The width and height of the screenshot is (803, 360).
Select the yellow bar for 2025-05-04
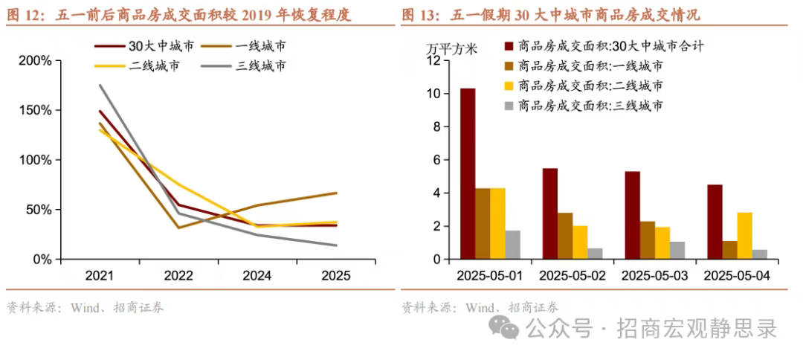(x=744, y=236)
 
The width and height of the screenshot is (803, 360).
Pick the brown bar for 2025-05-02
(x=565, y=236)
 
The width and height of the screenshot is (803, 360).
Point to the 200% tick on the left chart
(x=35, y=60)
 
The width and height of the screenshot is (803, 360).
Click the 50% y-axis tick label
(x=38, y=210)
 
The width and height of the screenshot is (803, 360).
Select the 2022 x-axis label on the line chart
(x=178, y=275)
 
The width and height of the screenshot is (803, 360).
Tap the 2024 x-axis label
(x=257, y=275)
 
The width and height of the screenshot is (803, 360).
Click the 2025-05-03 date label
(x=655, y=275)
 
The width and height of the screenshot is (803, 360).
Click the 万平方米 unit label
(x=451, y=49)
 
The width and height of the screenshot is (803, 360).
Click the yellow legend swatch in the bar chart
(x=509, y=86)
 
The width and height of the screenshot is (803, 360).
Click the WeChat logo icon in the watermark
(x=509, y=327)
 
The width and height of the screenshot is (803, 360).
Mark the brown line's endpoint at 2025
(x=336, y=193)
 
